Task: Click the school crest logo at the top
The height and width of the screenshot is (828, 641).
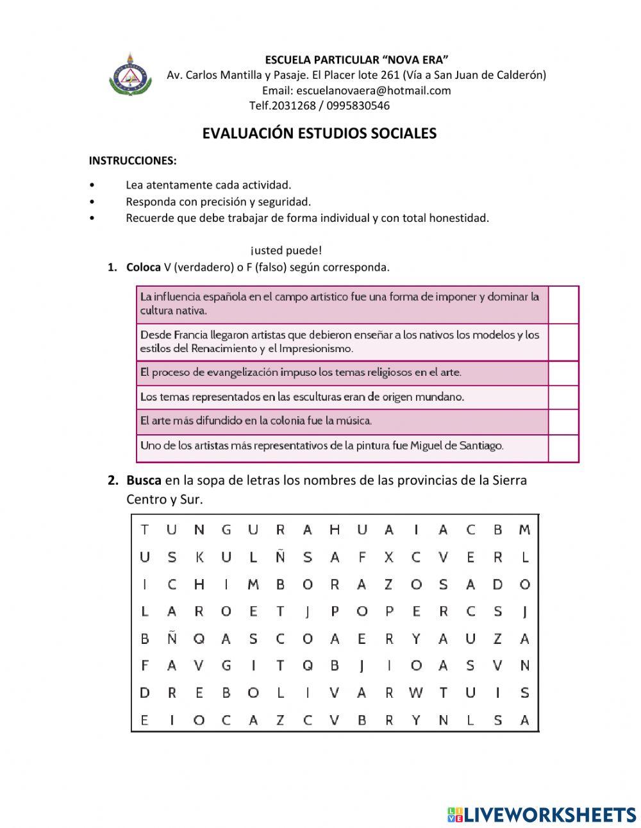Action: coord(130,75)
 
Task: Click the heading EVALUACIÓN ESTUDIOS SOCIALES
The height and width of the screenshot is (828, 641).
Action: coord(319,133)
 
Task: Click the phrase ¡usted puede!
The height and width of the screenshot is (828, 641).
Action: coord(286,250)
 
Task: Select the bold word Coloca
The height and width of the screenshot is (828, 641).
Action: coord(144,267)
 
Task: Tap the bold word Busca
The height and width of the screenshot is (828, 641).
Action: coord(144,480)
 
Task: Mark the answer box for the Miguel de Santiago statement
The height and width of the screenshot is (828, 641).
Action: coord(563,447)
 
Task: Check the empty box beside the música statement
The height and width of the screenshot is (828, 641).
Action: coord(563,421)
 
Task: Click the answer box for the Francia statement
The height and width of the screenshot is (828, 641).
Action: coord(563,342)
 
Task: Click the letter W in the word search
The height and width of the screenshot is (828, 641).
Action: coord(416,693)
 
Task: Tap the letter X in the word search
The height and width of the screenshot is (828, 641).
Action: coord(388,557)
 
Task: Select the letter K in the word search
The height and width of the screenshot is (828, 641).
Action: coord(199,557)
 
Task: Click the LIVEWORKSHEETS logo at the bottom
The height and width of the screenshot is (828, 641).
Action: coord(541,815)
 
